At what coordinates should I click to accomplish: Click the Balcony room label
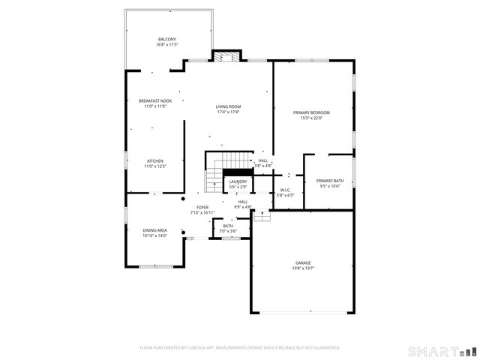(166, 39)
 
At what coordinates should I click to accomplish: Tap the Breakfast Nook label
(154, 100)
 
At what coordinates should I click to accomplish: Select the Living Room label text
(229, 106)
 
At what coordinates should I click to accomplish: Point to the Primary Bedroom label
(311, 112)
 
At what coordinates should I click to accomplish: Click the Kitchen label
(155, 161)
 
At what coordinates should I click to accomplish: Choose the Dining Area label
(154, 230)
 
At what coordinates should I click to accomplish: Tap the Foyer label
(202, 207)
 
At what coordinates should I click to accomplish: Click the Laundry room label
(238, 181)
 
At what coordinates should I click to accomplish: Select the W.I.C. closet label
(285, 190)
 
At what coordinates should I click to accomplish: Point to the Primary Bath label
(330, 181)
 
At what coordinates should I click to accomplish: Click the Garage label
(303, 262)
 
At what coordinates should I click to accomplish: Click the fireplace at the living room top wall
(226, 56)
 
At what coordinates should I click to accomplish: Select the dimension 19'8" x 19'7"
(303, 268)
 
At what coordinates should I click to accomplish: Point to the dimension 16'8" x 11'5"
(166, 44)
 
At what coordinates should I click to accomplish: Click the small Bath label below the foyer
(228, 226)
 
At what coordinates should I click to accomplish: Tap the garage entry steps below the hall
(261, 216)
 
